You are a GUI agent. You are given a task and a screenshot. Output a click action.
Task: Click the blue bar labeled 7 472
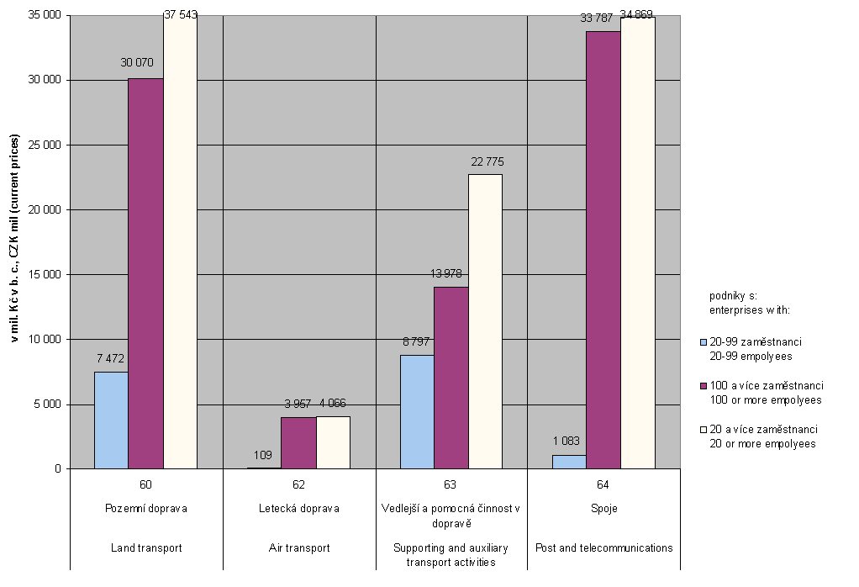(111, 420)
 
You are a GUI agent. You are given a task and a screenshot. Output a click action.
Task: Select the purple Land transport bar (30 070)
(145, 273)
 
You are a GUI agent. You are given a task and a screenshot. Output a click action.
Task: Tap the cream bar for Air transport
(333, 442)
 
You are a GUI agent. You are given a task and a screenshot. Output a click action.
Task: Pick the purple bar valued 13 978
(451, 378)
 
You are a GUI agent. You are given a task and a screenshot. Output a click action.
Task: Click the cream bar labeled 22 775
(485, 321)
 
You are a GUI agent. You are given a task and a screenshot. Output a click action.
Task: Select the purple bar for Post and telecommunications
(603, 250)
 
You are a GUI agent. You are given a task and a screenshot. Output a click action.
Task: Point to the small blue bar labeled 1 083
(568, 462)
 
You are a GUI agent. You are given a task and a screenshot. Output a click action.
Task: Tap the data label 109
(262, 455)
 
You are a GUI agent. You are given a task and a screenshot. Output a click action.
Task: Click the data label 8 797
(419, 342)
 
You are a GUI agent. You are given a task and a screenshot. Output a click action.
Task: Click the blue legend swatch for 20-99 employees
(704, 342)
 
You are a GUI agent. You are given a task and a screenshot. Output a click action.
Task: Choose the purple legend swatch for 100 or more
(704, 385)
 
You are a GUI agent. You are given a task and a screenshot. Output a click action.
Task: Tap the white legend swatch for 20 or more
(704, 429)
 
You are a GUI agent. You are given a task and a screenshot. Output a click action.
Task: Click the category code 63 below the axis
(451, 484)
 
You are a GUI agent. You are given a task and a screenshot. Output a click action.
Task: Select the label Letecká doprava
(298, 508)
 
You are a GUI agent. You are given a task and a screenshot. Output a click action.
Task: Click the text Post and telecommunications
(603, 547)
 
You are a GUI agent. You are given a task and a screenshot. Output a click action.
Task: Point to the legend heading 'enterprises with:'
(750, 310)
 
